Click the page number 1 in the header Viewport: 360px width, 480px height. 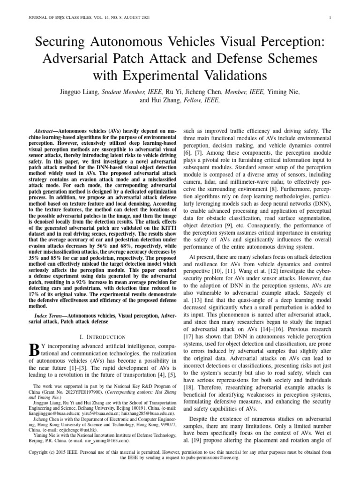pos(331,18)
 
